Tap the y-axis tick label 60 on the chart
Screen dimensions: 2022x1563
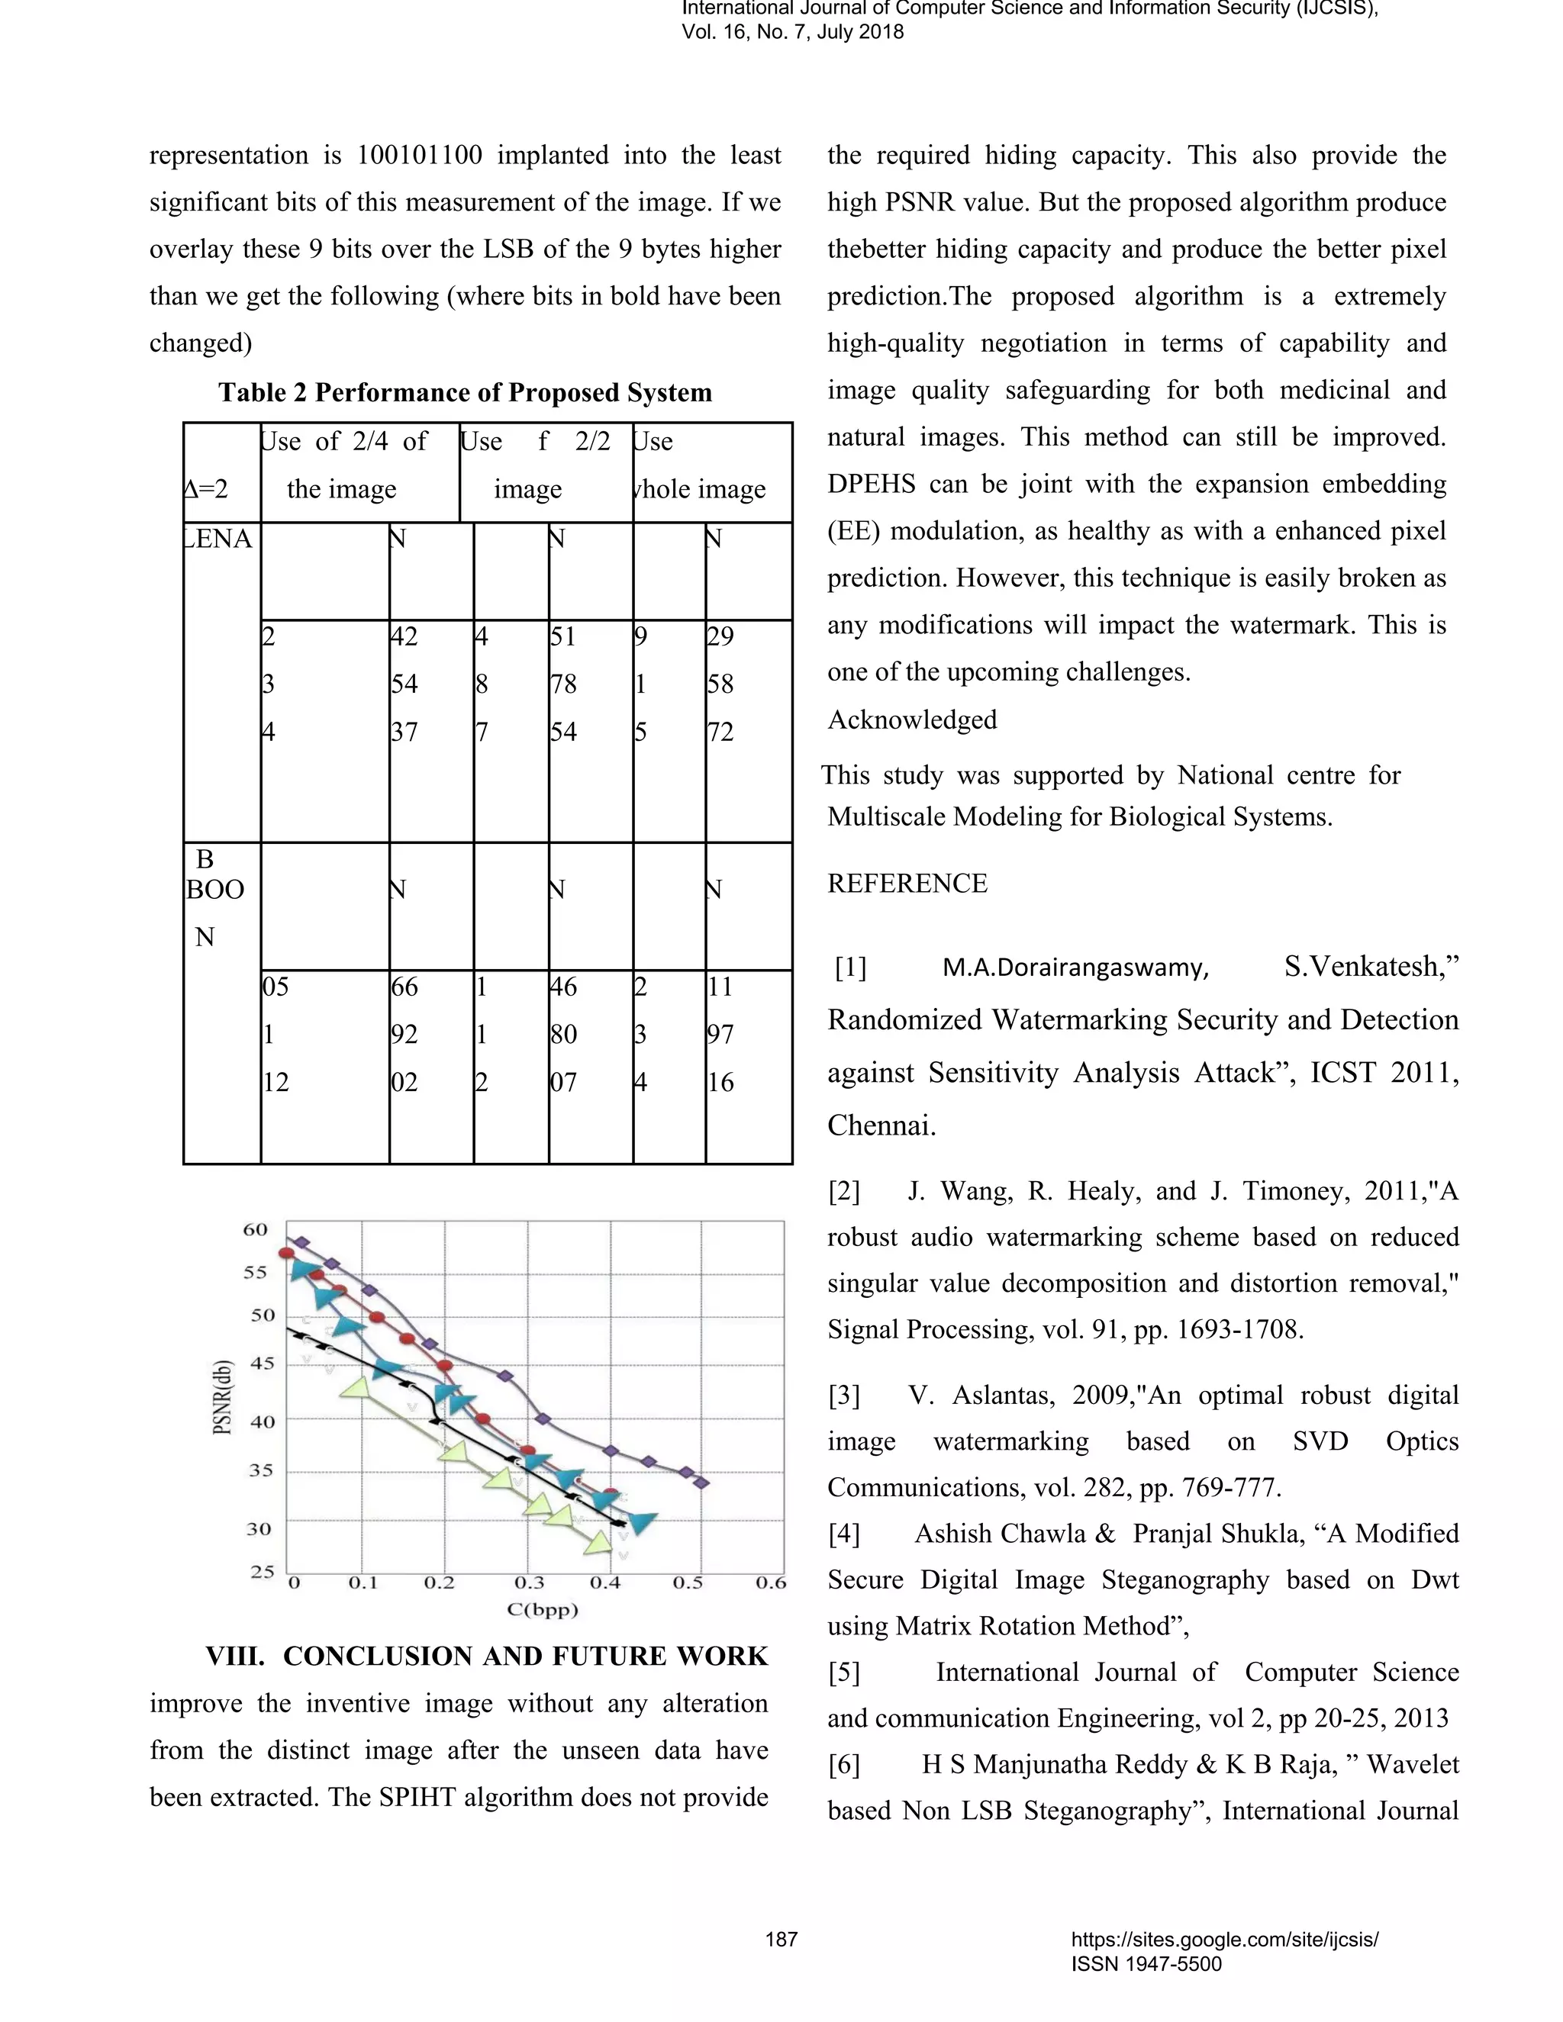(256, 1229)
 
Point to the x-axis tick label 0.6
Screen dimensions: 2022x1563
(770, 1583)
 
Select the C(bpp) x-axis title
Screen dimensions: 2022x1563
(543, 1609)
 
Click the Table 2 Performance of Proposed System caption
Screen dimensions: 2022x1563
(465, 392)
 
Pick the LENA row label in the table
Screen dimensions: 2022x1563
(221, 539)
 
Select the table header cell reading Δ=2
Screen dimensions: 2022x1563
(208, 489)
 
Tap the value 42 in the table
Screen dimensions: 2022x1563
(404, 636)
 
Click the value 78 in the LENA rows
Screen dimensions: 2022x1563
(563, 684)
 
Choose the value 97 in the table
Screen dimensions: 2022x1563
(720, 1034)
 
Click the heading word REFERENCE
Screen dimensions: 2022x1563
(907, 884)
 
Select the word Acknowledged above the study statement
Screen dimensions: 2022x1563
(912, 720)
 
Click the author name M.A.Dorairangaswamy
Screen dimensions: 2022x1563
(1075, 968)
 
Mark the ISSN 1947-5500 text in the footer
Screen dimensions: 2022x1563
(1146, 1964)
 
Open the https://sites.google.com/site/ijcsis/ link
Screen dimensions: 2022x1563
(1224, 1940)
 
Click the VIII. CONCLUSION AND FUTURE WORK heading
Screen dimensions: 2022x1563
(487, 1657)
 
